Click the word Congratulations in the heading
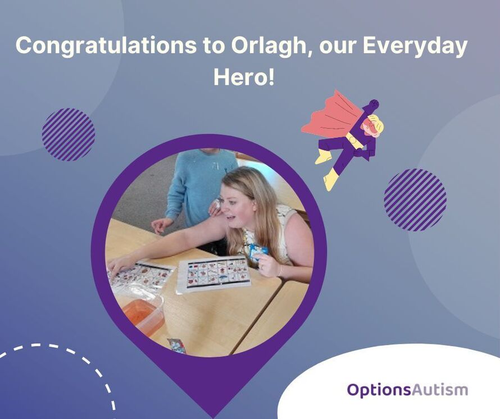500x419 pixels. [106, 46]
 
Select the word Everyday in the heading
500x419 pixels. [415, 46]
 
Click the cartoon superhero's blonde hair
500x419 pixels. [376, 126]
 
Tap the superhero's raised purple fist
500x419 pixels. [373, 104]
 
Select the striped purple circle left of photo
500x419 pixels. [69, 134]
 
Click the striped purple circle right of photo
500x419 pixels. [415, 199]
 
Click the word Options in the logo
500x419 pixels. [379, 390]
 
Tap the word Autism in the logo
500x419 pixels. [440, 390]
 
